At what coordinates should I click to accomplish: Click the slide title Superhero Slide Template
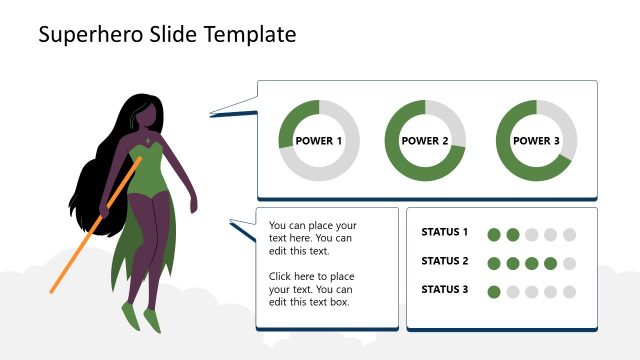(x=167, y=35)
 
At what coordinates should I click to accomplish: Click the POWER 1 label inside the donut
(x=319, y=141)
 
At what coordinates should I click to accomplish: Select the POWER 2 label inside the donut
(x=425, y=141)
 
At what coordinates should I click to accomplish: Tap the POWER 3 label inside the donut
(x=537, y=141)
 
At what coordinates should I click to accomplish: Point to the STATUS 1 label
(x=445, y=233)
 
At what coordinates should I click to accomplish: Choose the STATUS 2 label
(x=445, y=262)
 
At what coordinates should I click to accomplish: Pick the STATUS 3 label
(x=445, y=290)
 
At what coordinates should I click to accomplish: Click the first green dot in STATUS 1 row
(x=494, y=235)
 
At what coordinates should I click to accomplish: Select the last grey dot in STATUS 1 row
(x=570, y=235)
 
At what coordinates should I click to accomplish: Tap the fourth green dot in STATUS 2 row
(x=551, y=264)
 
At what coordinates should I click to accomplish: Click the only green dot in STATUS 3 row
(x=494, y=292)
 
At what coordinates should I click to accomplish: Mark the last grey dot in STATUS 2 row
(x=570, y=264)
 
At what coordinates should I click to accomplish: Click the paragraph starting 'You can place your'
(x=312, y=239)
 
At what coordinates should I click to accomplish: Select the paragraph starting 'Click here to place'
(x=312, y=289)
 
